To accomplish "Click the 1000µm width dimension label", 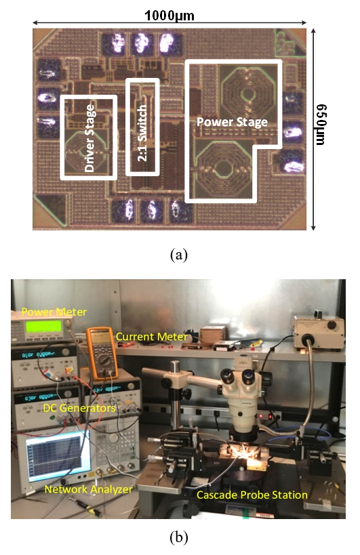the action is coord(169,15).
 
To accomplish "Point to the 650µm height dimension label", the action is coord(321,125).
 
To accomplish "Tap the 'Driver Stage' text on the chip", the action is coord(90,138).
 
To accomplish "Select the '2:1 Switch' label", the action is coord(142,133).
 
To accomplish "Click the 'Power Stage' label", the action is coord(233,122).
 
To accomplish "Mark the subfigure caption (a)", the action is coord(179,255).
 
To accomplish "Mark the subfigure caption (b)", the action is coord(179,537).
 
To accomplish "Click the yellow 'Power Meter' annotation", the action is coord(54,312).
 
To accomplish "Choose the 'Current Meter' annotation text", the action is coord(152,337).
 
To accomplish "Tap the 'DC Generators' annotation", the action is coord(79,408).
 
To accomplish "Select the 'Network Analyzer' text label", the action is coord(89,489).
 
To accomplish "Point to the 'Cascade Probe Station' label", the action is coord(252,495).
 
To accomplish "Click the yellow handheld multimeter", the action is coord(102,353).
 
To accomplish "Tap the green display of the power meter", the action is coord(43,326).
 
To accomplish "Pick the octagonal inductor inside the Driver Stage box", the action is coord(85,152).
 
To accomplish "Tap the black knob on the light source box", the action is coord(332,325).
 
